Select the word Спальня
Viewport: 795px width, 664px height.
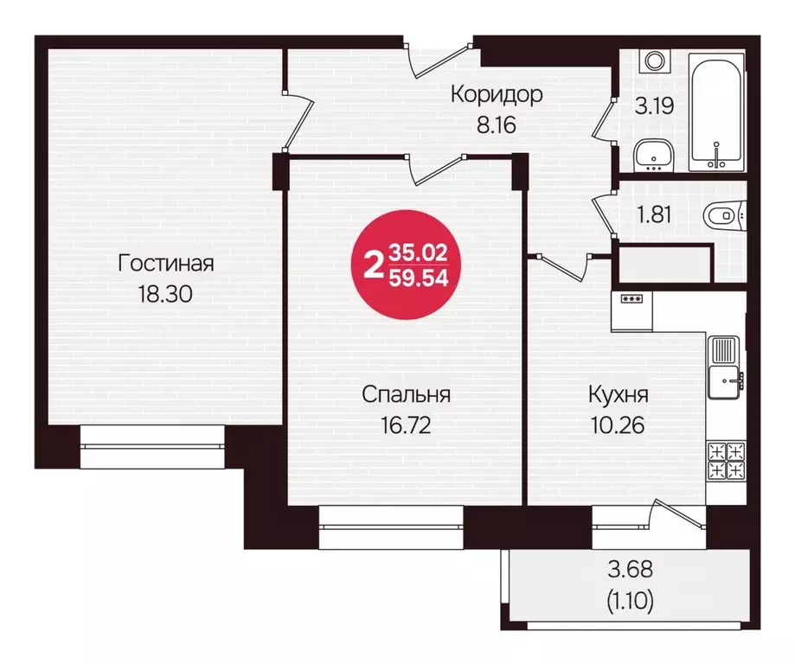[406, 395]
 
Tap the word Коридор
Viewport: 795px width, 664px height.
[497, 94]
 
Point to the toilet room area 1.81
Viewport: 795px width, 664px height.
[655, 213]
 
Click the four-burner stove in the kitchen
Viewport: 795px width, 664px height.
[726, 461]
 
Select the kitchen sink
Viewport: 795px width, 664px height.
[726, 367]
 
